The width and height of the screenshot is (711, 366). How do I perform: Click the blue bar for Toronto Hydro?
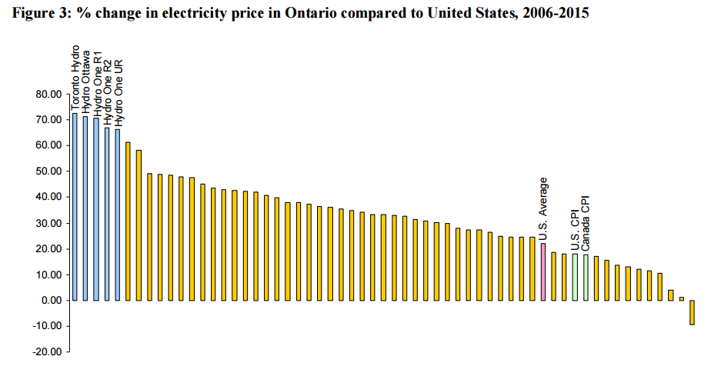[x=75, y=207]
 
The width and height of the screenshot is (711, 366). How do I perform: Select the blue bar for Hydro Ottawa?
[x=85, y=208]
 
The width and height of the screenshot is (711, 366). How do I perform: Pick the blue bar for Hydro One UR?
[x=118, y=215]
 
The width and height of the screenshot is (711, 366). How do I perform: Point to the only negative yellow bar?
[x=692, y=312]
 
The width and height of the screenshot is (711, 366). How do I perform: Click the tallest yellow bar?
[x=128, y=221]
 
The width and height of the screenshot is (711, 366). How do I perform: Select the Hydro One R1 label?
[x=97, y=84]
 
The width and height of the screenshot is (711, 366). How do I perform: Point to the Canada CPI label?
[x=586, y=223]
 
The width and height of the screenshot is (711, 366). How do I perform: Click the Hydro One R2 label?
[x=108, y=86]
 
